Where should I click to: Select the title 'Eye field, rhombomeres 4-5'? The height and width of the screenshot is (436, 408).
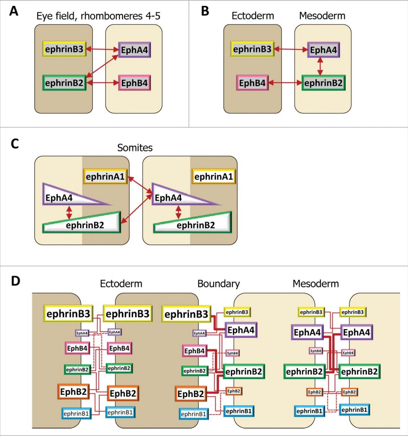pyautogui.click(x=98, y=16)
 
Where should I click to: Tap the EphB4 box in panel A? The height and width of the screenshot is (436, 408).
pyautogui.click(x=134, y=83)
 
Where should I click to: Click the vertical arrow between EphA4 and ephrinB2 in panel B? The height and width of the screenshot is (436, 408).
pyautogui.click(x=321, y=66)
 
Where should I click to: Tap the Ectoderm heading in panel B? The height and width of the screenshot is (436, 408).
pyautogui.click(x=253, y=16)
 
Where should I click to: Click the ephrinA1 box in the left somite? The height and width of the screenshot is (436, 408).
pyautogui.click(x=105, y=176)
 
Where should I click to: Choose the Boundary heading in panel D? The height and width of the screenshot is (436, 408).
pyautogui.click(x=219, y=284)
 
